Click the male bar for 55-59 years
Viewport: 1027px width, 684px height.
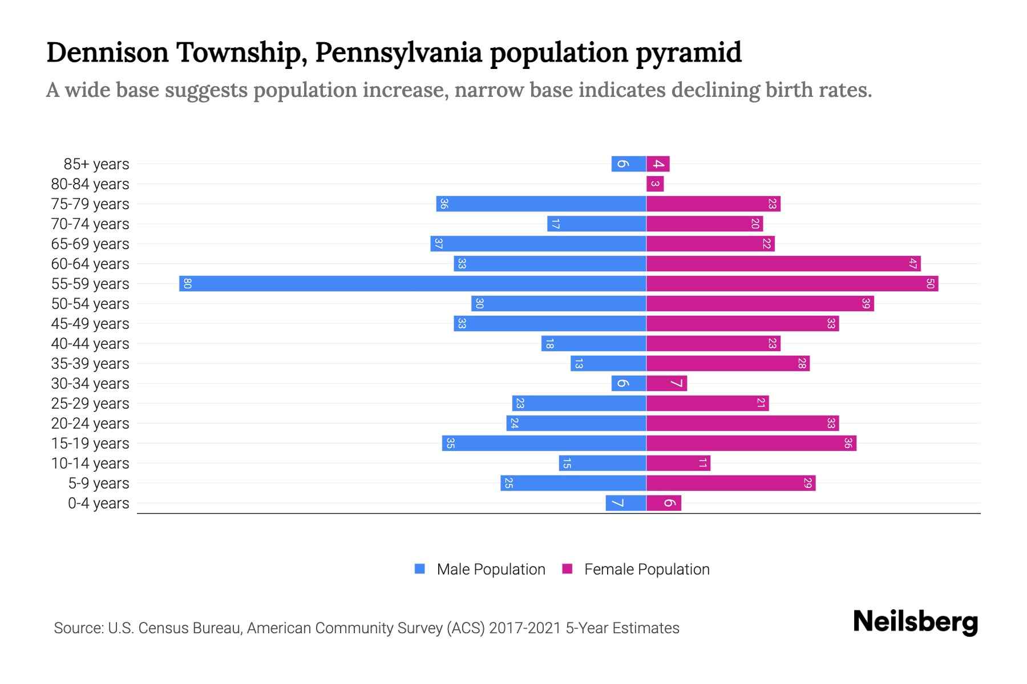(413, 283)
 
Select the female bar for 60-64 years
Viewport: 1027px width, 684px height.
(783, 263)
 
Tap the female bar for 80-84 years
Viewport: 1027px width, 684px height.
(655, 184)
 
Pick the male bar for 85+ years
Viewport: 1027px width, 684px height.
(628, 164)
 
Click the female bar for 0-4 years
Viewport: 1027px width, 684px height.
(664, 503)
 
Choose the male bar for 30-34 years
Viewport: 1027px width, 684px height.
(628, 383)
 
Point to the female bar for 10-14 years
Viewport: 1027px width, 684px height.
(678, 463)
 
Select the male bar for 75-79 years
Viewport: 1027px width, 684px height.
(541, 203)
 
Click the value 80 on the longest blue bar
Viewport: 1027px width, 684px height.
(187, 283)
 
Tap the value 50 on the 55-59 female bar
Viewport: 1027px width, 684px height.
(930, 283)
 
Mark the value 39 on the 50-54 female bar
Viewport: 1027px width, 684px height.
(866, 303)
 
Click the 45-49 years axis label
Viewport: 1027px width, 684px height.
(90, 323)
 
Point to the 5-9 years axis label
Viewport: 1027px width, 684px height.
(98, 483)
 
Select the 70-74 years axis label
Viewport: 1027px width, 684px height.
(90, 223)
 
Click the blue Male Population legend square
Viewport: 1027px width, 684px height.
(420, 569)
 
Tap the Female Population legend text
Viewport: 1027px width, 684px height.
(646, 569)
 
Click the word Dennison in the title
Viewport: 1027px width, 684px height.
(107, 52)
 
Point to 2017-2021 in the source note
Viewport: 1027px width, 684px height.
(525, 628)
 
